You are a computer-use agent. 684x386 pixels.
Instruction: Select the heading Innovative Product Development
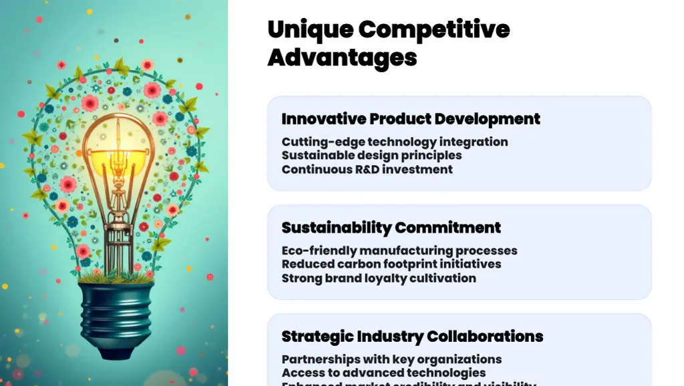click(411, 119)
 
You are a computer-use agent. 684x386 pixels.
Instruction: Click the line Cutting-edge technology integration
click(395, 142)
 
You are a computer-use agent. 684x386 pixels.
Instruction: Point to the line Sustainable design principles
click(371, 155)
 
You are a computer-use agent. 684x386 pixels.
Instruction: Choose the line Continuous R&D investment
click(367, 169)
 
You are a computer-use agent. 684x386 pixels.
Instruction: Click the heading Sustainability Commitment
click(391, 228)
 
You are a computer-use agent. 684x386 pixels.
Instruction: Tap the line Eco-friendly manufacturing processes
click(399, 250)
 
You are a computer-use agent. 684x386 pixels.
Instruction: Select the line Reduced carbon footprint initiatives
click(391, 264)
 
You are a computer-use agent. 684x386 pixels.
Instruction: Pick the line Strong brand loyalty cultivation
click(379, 278)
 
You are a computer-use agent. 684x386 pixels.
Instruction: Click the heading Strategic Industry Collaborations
click(412, 336)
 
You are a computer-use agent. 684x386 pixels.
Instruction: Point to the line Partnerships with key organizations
click(391, 359)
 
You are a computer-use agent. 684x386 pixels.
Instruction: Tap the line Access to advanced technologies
click(383, 373)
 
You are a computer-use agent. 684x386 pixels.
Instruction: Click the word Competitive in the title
click(434, 29)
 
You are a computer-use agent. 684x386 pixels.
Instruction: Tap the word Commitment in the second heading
click(448, 228)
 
